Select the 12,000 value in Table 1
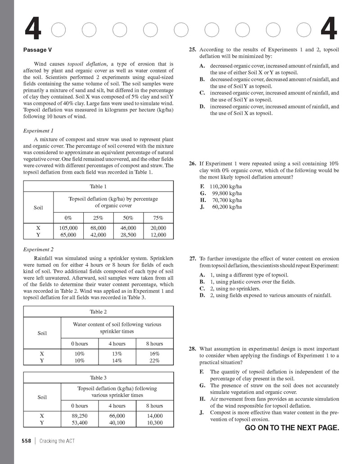click(x=158, y=235)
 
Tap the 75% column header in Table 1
click(x=158, y=218)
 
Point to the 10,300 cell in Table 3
click(x=154, y=423)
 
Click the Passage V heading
click(x=40, y=50)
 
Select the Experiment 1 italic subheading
click(x=38, y=131)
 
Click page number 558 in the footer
click(x=27, y=441)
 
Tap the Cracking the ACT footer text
click(x=57, y=441)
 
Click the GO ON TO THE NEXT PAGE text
click(x=292, y=428)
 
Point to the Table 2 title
click(x=98, y=312)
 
